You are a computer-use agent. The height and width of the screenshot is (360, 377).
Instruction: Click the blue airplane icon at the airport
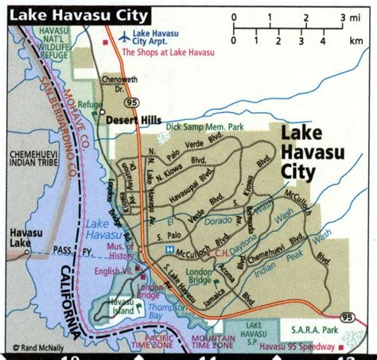pos(123,36)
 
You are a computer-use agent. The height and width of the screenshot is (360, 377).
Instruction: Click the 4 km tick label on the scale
pos(323,41)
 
